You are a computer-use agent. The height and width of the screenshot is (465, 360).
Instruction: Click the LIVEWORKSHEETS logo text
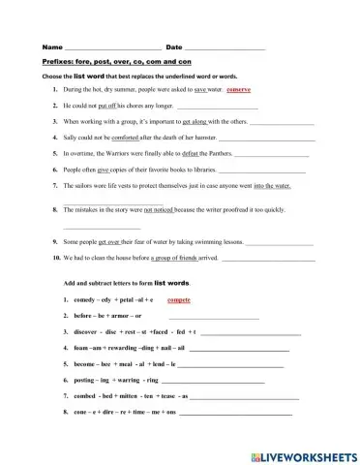tap(309, 452)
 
